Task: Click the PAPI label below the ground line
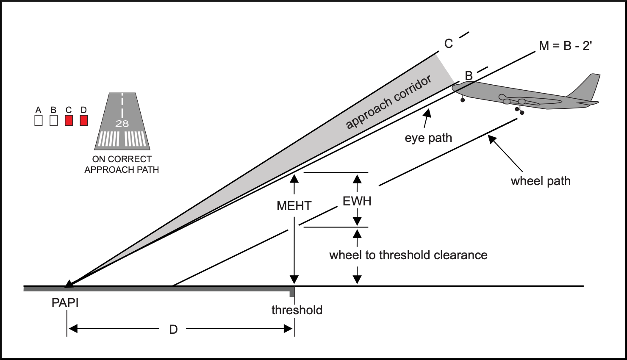[65, 303]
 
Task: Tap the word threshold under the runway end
[297, 310]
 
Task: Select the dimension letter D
[173, 330]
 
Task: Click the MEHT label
[294, 206]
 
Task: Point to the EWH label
[357, 201]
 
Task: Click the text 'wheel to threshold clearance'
[408, 255]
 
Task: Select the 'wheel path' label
[540, 181]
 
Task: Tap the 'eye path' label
[428, 138]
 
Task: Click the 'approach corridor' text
[388, 102]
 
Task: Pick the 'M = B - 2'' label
[565, 46]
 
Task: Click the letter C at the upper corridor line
[448, 43]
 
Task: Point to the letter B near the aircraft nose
[469, 76]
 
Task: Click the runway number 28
[122, 124]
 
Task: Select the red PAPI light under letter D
[83, 121]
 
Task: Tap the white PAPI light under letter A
[39, 121]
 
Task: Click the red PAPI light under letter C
[69, 121]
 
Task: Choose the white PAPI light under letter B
[53, 121]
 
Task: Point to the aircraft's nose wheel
[463, 100]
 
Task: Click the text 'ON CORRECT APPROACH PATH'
[122, 164]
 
